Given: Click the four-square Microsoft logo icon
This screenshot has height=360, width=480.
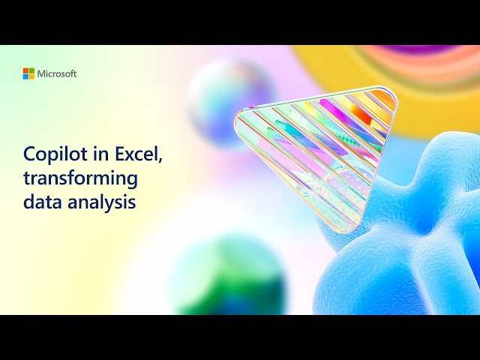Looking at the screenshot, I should [x=28, y=73].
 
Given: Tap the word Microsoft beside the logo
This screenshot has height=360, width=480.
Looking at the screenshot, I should [x=57, y=73].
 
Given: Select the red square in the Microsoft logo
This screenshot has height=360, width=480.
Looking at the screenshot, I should [x=25, y=70].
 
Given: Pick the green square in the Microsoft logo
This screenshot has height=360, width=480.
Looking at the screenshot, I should [x=31, y=70].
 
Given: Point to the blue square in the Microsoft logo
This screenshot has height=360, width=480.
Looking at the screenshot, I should [x=25, y=76].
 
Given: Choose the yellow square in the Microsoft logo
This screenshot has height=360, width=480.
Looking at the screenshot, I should [x=31, y=76].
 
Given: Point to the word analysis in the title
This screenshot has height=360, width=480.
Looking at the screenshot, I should [x=97, y=202].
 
